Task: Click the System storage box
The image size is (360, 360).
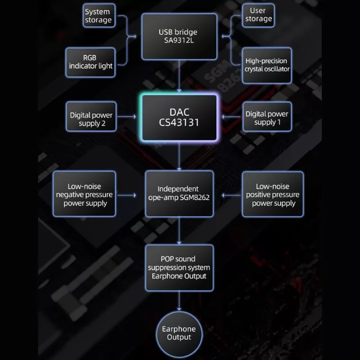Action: (x=98, y=16)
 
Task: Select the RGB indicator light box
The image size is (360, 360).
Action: (x=91, y=62)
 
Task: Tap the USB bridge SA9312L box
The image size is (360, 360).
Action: (x=178, y=36)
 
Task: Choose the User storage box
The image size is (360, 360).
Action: (x=258, y=15)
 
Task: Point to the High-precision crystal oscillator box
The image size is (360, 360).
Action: (x=266, y=65)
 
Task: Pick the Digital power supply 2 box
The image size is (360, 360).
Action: (x=91, y=117)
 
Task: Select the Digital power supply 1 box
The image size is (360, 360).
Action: (x=266, y=117)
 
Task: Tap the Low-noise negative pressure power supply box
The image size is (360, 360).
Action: (x=85, y=194)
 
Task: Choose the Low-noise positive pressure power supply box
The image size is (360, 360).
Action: (x=273, y=194)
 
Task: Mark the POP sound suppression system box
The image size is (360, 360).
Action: (x=179, y=267)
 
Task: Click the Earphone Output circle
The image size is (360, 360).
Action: (x=179, y=333)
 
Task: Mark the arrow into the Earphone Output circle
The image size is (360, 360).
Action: (x=179, y=301)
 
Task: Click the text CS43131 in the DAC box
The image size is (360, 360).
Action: (x=179, y=122)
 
